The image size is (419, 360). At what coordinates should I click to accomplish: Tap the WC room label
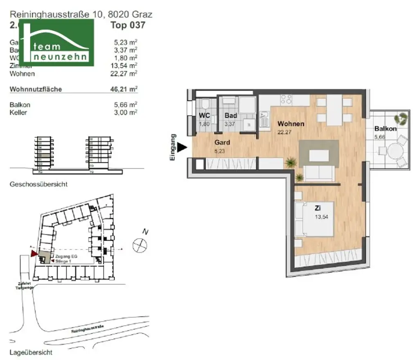(x=205, y=115)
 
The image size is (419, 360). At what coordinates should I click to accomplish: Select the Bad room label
(x=231, y=115)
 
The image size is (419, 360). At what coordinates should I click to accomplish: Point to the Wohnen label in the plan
(x=291, y=124)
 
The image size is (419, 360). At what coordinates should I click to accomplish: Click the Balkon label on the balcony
(x=385, y=129)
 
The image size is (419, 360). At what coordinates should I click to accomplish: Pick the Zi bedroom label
(x=318, y=208)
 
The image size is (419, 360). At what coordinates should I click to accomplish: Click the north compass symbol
(x=140, y=246)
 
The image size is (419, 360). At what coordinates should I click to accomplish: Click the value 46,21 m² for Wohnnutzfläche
(x=126, y=88)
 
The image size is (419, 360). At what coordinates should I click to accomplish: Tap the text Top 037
(x=128, y=25)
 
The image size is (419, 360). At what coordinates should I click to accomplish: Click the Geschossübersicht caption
(x=39, y=184)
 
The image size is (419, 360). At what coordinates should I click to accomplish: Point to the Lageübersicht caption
(x=31, y=352)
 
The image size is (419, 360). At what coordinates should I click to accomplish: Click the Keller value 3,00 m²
(x=126, y=112)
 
